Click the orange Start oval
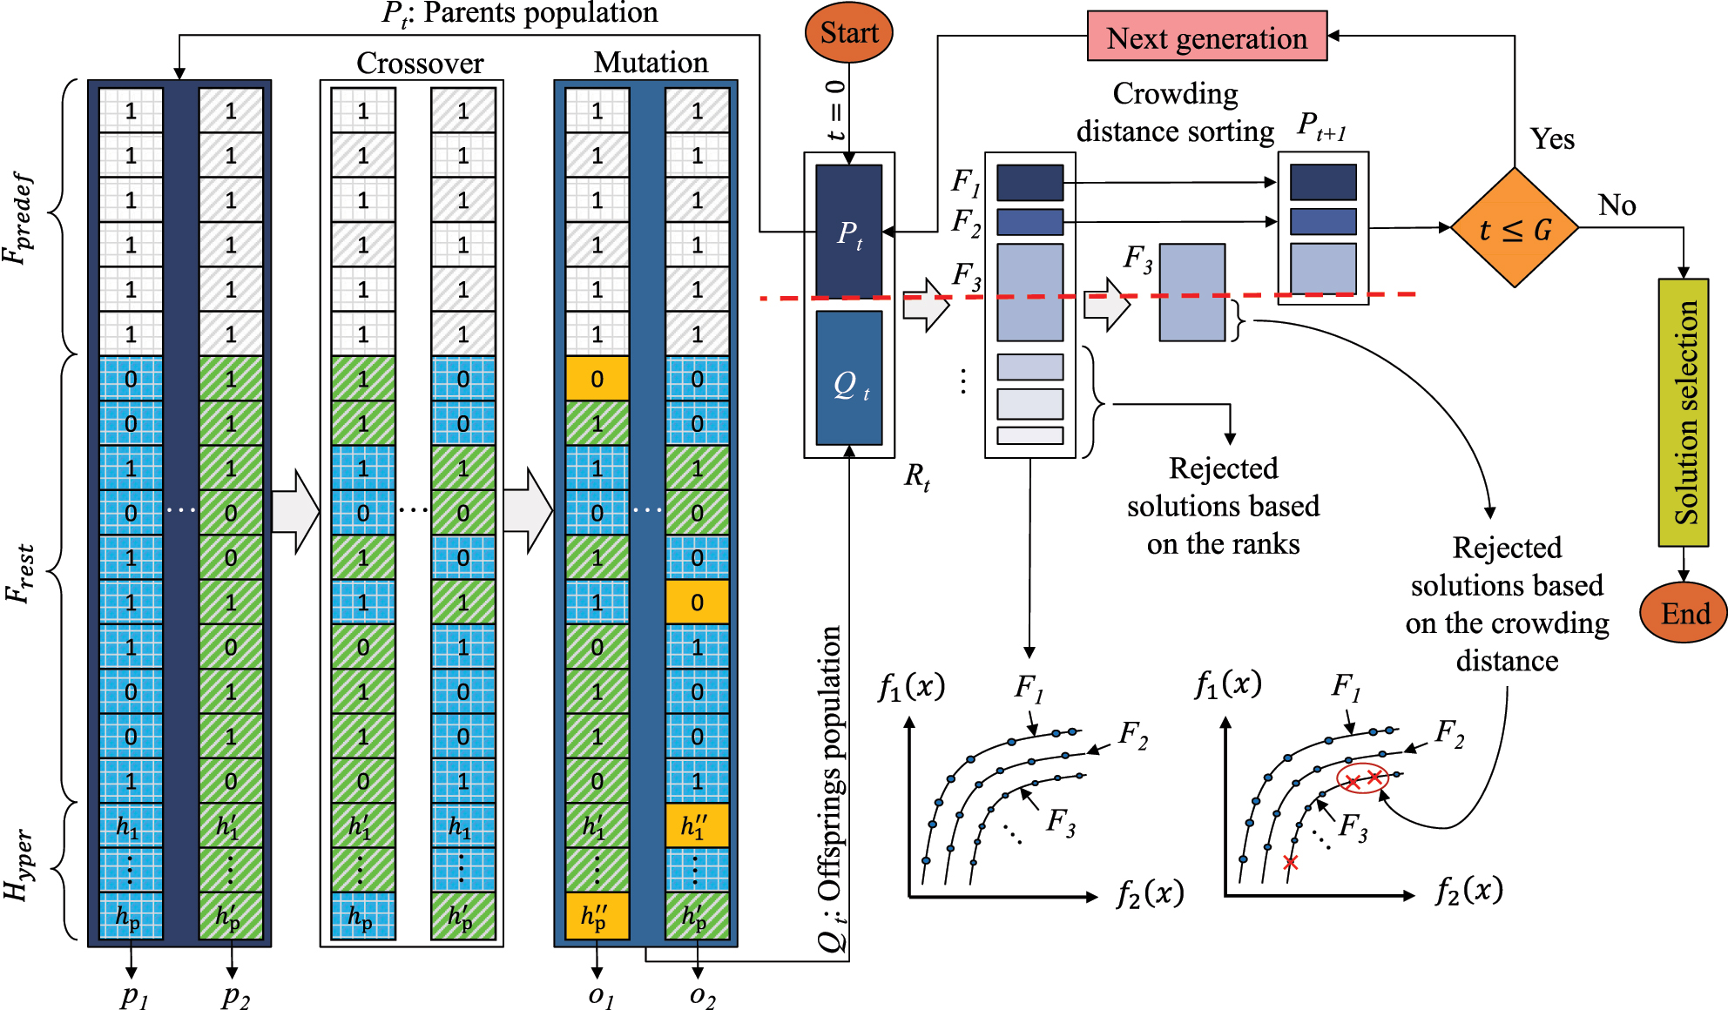(x=849, y=33)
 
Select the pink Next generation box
(x=1206, y=37)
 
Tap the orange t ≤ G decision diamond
(x=1515, y=229)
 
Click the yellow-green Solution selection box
(x=1683, y=413)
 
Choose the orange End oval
(x=1683, y=613)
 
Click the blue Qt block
(x=849, y=380)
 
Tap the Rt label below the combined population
(x=916, y=476)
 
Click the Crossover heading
(x=420, y=63)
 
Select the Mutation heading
(x=651, y=62)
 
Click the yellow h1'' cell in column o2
(x=697, y=825)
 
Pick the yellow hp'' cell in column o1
(x=597, y=916)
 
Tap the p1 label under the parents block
(x=133, y=994)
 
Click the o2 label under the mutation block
(x=701, y=994)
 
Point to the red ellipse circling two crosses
(x=1362, y=778)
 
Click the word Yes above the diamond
(x=1552, y=139)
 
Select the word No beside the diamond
(x=1617, y=205)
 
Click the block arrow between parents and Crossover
(x=295, y=511)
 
